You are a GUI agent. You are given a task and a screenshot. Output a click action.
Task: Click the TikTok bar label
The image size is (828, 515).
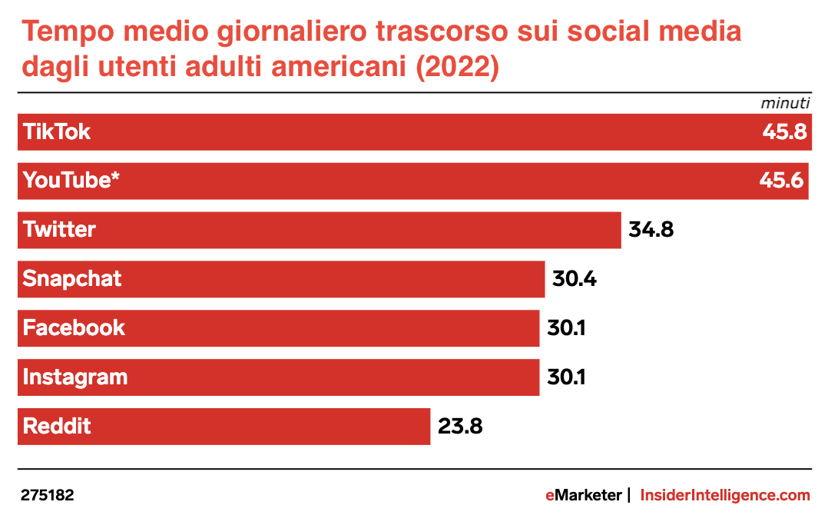[x=57, y=131]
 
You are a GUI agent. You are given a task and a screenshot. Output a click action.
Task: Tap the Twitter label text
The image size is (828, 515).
[x=59, y=229]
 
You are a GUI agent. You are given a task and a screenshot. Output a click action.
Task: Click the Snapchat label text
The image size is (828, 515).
[x=72, y=278]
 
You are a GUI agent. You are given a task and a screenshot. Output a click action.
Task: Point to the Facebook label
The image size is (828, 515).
[x=74, y=327]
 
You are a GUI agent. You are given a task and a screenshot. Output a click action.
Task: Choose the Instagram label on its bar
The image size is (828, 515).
[x=75, y=377]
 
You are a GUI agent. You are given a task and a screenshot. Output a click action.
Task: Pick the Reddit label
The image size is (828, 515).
[x=57, y=426]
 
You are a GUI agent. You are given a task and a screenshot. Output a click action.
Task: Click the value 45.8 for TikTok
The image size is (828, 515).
[x=783, y=131]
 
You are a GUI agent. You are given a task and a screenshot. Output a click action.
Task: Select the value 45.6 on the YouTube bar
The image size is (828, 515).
[x=781, y=181]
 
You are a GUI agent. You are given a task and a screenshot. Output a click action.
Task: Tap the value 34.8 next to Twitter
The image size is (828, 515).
[x=651, y=229]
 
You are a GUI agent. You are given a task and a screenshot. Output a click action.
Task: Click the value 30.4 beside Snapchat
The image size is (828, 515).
[x=575, y=278]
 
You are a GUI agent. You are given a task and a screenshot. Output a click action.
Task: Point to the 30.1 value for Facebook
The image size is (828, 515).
[x=566, y=327]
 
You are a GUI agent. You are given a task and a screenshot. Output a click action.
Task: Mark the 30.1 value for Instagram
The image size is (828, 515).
[x=566, y=377]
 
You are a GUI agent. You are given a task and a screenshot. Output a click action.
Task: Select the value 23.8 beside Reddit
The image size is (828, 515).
[x=460, y=426]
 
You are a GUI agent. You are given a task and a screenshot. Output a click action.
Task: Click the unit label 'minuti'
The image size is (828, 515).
[x=786, y=103]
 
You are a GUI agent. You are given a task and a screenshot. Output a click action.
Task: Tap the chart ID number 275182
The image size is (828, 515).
[x=48, y=496]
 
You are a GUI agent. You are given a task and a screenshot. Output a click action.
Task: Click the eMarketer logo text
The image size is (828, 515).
[x=583, y=496]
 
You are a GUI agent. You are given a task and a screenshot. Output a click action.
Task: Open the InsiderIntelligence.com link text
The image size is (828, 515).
[x=725, y=496]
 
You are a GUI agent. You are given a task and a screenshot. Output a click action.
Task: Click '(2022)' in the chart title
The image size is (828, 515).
[x=457, y=67]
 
